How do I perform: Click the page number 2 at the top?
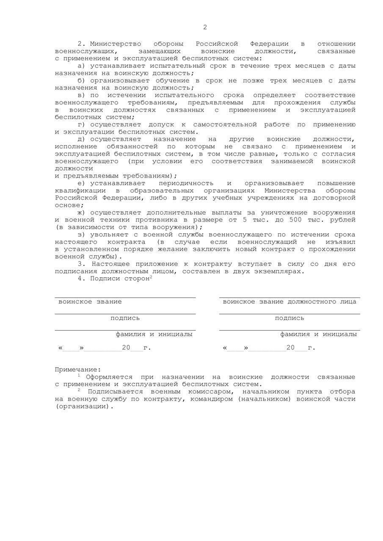point(205,27)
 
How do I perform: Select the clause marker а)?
point(82,66)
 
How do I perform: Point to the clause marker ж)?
point(82,213)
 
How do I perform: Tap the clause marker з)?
point(82,235)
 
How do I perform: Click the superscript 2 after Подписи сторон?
point(151,277)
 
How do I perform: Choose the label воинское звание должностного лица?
point(289,302)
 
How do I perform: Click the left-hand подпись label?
point(125,318)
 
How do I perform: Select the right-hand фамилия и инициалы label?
point(318,334)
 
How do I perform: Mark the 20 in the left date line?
point(126,348)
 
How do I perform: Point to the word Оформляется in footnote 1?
point(109,377)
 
